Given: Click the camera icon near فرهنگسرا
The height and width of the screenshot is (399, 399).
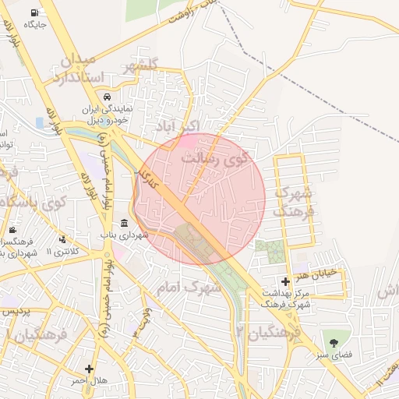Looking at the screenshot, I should tap(13, 230).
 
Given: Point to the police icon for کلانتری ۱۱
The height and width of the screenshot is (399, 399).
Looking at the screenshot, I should tap(63, 239).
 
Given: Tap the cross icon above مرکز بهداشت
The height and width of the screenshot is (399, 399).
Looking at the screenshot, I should tap(286, 281).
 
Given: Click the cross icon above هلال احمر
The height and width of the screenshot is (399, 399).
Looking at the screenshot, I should tap(90, 369).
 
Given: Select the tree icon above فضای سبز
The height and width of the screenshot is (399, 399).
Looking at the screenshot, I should tap(334, 342).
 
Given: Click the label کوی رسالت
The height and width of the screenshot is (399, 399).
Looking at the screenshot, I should tap(213, 159).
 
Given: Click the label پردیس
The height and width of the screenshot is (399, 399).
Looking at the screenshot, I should tap(16, 312).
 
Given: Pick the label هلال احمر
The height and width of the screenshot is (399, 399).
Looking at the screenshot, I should tap(89, 381).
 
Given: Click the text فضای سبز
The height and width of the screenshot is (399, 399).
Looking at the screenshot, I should tap(336, 355).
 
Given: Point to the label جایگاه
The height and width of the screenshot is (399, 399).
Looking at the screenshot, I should tap(35, 25).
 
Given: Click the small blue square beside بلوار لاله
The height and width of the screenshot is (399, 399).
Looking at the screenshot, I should tap(39, 122).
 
